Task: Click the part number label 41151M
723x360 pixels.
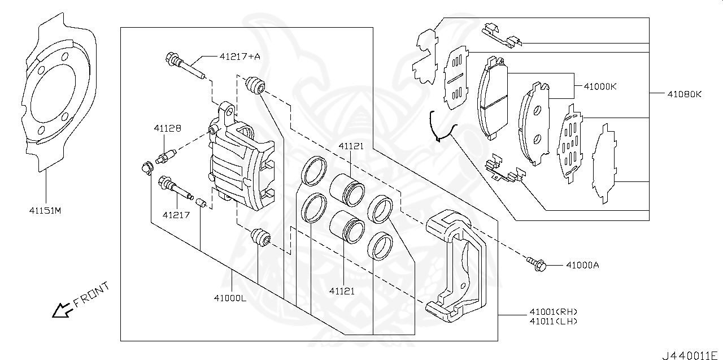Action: click(x=45, y=211)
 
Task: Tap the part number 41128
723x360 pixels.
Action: click(x=167, y=128)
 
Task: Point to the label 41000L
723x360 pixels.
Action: click(x=230, y=298)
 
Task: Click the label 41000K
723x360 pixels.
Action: click(x=600, y=86)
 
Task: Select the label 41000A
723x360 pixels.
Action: click(x=582, y=264)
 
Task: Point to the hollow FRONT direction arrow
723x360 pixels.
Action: click(x=62, y=310)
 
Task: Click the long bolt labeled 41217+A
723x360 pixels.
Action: click(x=184, y=65)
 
